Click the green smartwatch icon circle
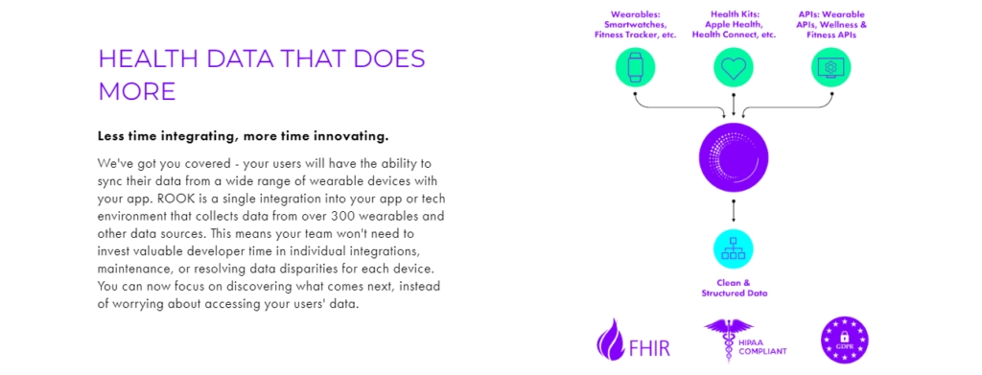coord(635,67)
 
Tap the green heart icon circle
coord(734,67)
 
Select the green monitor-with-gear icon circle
coord(831,67)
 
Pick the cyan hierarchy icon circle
coord(734,248)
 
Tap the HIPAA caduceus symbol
coord(729,340)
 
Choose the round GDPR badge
coord(844,340)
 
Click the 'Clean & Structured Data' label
coord(734,288)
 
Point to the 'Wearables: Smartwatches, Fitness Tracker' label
coord(635,24)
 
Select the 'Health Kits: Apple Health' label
coord(734,24)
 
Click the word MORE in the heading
coord(137,91)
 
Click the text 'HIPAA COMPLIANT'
coord(762,347)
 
